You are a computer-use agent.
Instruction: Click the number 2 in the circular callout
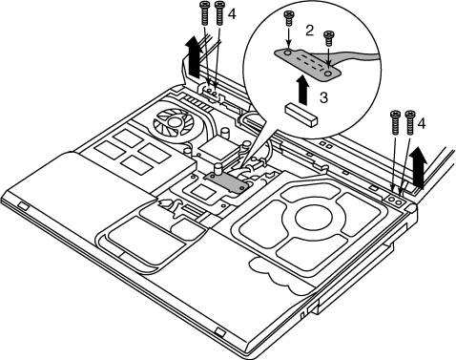pyautogui.click(x=309, y=31)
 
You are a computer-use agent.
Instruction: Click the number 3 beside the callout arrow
pyautogui.click(x=323, y=97)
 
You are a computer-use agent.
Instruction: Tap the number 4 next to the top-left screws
pyautogui.click(x=232, y=14)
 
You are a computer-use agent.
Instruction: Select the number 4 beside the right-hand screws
pyautogui.click(x=421, y=123)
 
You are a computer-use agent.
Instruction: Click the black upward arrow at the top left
pyautogui.click(x=194, y=56)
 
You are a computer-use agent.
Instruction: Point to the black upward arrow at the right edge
pyautogui.click(x=418, y=167)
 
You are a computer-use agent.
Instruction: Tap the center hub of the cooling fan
pyautogui.click(x=174, y=121)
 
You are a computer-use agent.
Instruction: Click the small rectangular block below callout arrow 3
pyautogui.click(x=301, y=115)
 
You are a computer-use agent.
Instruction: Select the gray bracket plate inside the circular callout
pyautogui.click(x=307, y=64)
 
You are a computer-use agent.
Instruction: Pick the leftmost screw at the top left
pyautogui.click(x=204, y=12)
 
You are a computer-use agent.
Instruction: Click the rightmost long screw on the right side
pyautogui.click(x=410, y=122)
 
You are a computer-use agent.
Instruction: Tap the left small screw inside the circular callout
pyautogui.click(x=288, y=18)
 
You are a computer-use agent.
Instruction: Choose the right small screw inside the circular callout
pyautogui.click(x=328, y=38)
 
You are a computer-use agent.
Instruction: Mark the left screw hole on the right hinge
pyautogui.click(x=392, y=200)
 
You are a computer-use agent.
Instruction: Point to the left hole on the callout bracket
pyautogui.click(x=287, y=52)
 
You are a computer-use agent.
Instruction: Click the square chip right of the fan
pyautogui.click(x=218, y=145)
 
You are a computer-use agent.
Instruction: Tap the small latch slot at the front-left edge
pyautogui.click(x=23, y=205)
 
